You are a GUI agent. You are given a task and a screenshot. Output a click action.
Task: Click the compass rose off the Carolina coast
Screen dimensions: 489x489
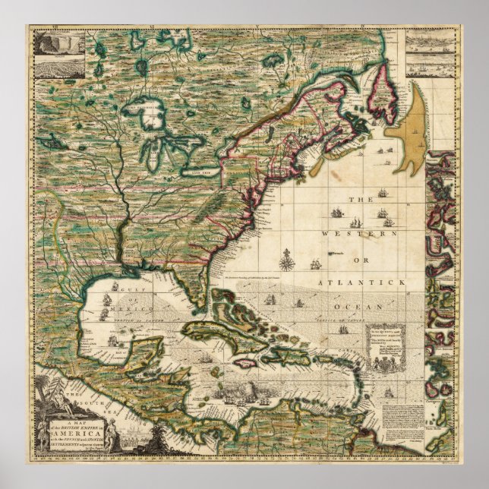pos(287,262)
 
